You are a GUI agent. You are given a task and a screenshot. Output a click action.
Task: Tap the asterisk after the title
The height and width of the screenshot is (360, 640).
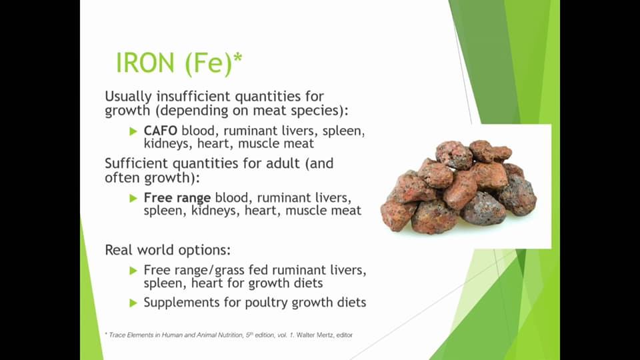pyautogui.click(x=238, y=59)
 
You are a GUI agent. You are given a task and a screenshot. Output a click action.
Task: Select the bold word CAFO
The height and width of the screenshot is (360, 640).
pyautogui.click(x=160, y=131)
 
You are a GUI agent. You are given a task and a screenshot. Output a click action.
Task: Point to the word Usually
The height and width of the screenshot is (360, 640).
pyautogui.click(x=128, y=96)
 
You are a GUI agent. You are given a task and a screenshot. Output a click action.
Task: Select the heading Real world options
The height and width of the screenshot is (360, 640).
pyautogui.click(x=167, y=251)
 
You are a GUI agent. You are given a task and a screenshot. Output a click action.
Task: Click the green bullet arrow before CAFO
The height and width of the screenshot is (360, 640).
pyautogui.click(x=133, y=131)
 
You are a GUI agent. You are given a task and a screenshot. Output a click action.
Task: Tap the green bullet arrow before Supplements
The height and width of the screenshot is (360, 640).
pyautogui.click(x=133, y=303)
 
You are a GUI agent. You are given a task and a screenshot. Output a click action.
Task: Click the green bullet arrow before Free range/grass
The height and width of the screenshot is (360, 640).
pyautogui.click(x=133, y=271)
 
